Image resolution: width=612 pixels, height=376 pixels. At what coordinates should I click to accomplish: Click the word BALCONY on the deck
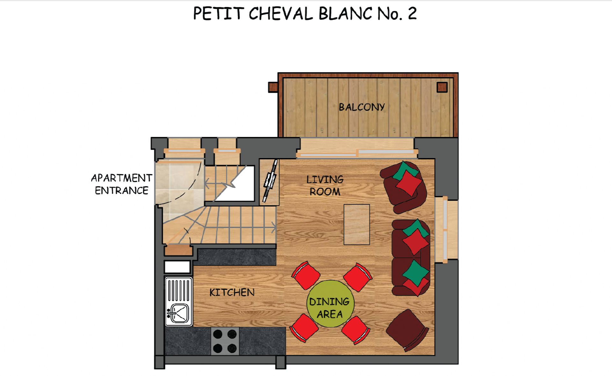coord(361,107)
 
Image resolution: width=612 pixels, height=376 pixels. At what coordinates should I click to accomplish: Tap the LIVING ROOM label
coord(325,185)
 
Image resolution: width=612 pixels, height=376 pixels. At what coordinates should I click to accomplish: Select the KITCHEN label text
coord(232,292)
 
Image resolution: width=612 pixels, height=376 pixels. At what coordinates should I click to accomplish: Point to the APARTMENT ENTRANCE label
coord(121,184)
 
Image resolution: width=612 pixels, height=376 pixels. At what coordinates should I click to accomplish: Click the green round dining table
coord(330,304)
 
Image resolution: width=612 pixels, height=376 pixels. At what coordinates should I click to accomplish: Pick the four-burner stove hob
coord(225,341)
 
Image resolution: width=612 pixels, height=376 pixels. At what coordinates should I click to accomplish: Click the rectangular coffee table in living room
coord(357,224)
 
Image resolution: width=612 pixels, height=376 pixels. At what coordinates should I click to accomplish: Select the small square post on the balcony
coord(442,87)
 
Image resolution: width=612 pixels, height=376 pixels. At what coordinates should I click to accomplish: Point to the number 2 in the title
coord(412,14)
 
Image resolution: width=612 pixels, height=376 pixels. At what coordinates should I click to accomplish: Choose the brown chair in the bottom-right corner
coord(407,330)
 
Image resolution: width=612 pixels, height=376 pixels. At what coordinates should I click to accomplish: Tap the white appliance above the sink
coord(177,267)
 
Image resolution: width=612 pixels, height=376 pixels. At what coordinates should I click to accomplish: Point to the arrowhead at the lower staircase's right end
coord(274,228)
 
